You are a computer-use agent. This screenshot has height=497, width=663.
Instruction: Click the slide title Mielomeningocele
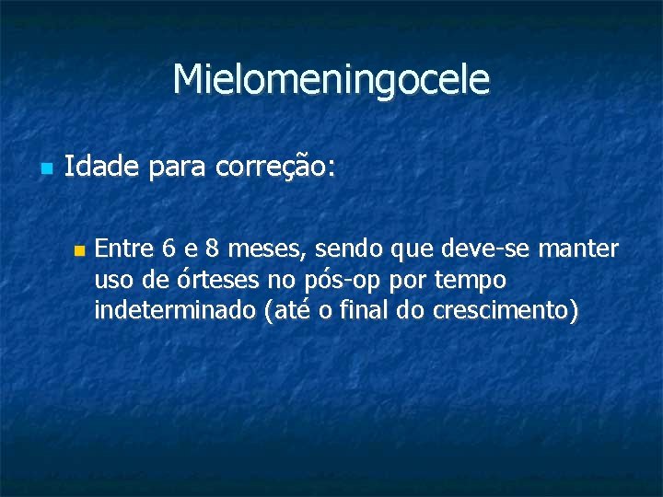(331, 80)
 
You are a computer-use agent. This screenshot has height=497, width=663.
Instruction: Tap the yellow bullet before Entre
(78, 249)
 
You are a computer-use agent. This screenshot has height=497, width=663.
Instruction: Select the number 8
(213, 248)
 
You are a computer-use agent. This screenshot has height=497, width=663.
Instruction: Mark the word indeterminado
(174, 311)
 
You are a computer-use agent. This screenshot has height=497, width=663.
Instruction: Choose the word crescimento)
(502, 311)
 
